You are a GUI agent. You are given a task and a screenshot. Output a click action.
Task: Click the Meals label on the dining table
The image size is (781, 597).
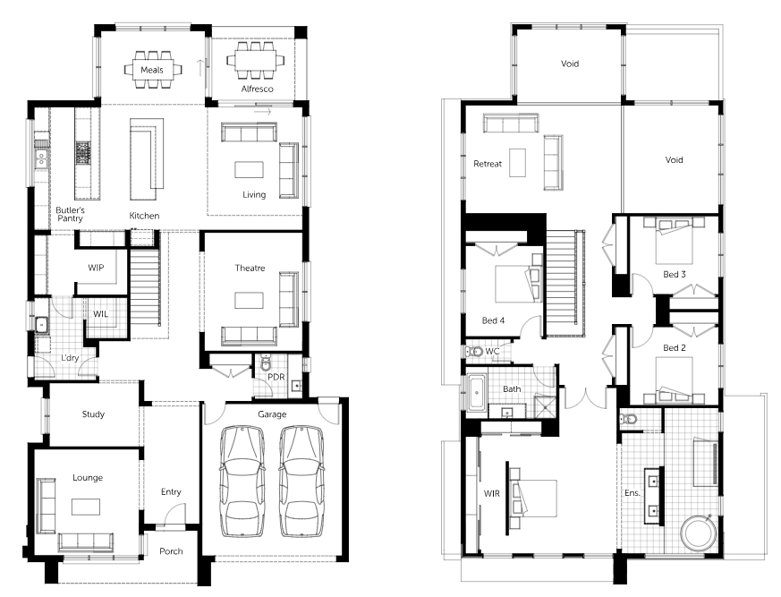click(152, 71)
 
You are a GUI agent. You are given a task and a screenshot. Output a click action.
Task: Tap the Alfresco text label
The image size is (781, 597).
click(257, 90)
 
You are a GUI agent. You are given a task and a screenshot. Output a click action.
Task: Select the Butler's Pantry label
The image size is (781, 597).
click(71, 214)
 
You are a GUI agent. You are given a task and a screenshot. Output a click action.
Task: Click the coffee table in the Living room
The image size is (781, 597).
click(249, 169)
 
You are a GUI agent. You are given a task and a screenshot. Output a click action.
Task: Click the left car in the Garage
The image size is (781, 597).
click(242, 482)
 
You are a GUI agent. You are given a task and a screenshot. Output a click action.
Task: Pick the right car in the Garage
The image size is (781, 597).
click(301, 482)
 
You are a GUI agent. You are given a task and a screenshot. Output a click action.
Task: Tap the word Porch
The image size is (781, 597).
click(171, 551)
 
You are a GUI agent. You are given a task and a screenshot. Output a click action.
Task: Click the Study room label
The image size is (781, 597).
click(93, 414)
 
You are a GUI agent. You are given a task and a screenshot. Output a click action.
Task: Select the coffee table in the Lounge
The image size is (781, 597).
click(86, 507)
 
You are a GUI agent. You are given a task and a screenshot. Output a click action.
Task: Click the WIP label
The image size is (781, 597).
click(96, 268)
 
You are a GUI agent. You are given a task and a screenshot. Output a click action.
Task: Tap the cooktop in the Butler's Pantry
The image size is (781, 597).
click(82, 153)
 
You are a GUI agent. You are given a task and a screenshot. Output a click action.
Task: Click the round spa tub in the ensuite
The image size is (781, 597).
click(699, 533)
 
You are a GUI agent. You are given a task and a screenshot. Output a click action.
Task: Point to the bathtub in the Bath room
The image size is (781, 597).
click(477, 393)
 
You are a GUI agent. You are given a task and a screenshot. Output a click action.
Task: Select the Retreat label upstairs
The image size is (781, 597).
click(488, 164)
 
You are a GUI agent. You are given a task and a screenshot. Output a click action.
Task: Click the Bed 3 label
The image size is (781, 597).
click(675, 275)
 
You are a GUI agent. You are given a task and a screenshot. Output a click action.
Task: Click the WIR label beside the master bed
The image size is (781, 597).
click(492, 494)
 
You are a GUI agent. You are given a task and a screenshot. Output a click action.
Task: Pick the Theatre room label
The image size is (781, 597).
click(250, 269)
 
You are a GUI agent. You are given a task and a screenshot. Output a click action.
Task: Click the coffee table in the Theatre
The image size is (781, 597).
click(249, 301)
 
